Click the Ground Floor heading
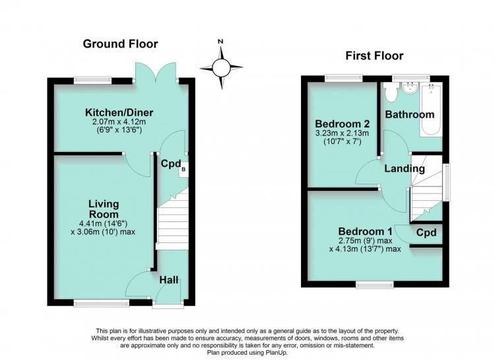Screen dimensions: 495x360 click(120, 44)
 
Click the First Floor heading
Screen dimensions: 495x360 click(374, 55)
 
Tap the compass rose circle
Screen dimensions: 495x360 click(221, 67)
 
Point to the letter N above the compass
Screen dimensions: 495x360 click(220, 42)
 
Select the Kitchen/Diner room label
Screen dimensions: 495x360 click(119, 112)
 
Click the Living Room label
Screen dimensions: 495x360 click(104, 209)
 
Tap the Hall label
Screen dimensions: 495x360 click(168, 279)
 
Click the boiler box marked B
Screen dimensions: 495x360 click(183, 170)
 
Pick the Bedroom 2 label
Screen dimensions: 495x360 click(342, 124)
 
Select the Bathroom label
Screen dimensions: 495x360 click(410, 114)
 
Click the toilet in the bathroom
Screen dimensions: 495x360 click(391, 92)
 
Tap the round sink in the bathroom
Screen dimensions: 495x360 click(411, 88)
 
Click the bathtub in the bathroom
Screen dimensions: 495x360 click(430, 110)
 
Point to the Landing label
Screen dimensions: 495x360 click(405, 168)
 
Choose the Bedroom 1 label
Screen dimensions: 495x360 click(365, 231)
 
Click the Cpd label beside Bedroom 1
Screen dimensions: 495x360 click(426, 233)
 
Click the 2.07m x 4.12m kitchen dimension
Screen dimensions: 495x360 click(119, 122)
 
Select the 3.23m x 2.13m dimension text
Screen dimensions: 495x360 click(342, 133)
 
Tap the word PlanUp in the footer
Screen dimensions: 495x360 click(276, 352)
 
